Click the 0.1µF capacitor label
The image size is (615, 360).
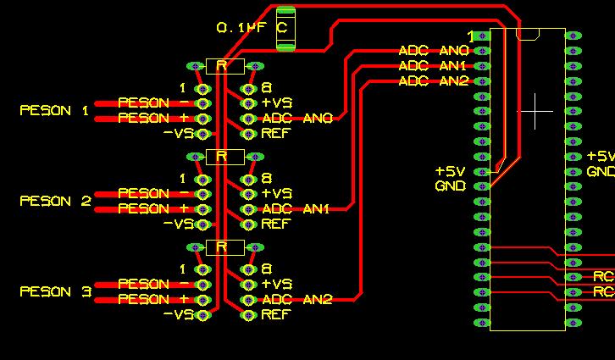coord(241,28)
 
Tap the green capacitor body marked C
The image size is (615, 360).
coord(285,28)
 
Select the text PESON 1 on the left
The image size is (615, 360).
coord(54,111)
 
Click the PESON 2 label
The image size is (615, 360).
coord(55,202)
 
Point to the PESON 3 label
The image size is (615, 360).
coord(55,292)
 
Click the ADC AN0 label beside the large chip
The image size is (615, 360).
coord(434,51)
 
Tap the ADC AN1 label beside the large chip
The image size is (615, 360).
coord(434,66)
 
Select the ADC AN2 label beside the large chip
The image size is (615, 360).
coord(434,81)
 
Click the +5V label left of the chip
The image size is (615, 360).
coord(451,171)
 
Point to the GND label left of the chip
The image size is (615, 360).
coord(451,186)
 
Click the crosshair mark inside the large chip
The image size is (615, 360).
coord(535,111)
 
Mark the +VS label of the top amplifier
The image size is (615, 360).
coord(277,103)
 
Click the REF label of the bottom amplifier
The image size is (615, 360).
coord(275,315)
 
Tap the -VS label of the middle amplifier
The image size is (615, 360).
coord(179,224)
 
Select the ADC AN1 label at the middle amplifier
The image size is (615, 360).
coord(296,209)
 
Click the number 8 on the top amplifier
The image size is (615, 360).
coord(266,88)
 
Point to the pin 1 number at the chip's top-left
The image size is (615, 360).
coord(472,36)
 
